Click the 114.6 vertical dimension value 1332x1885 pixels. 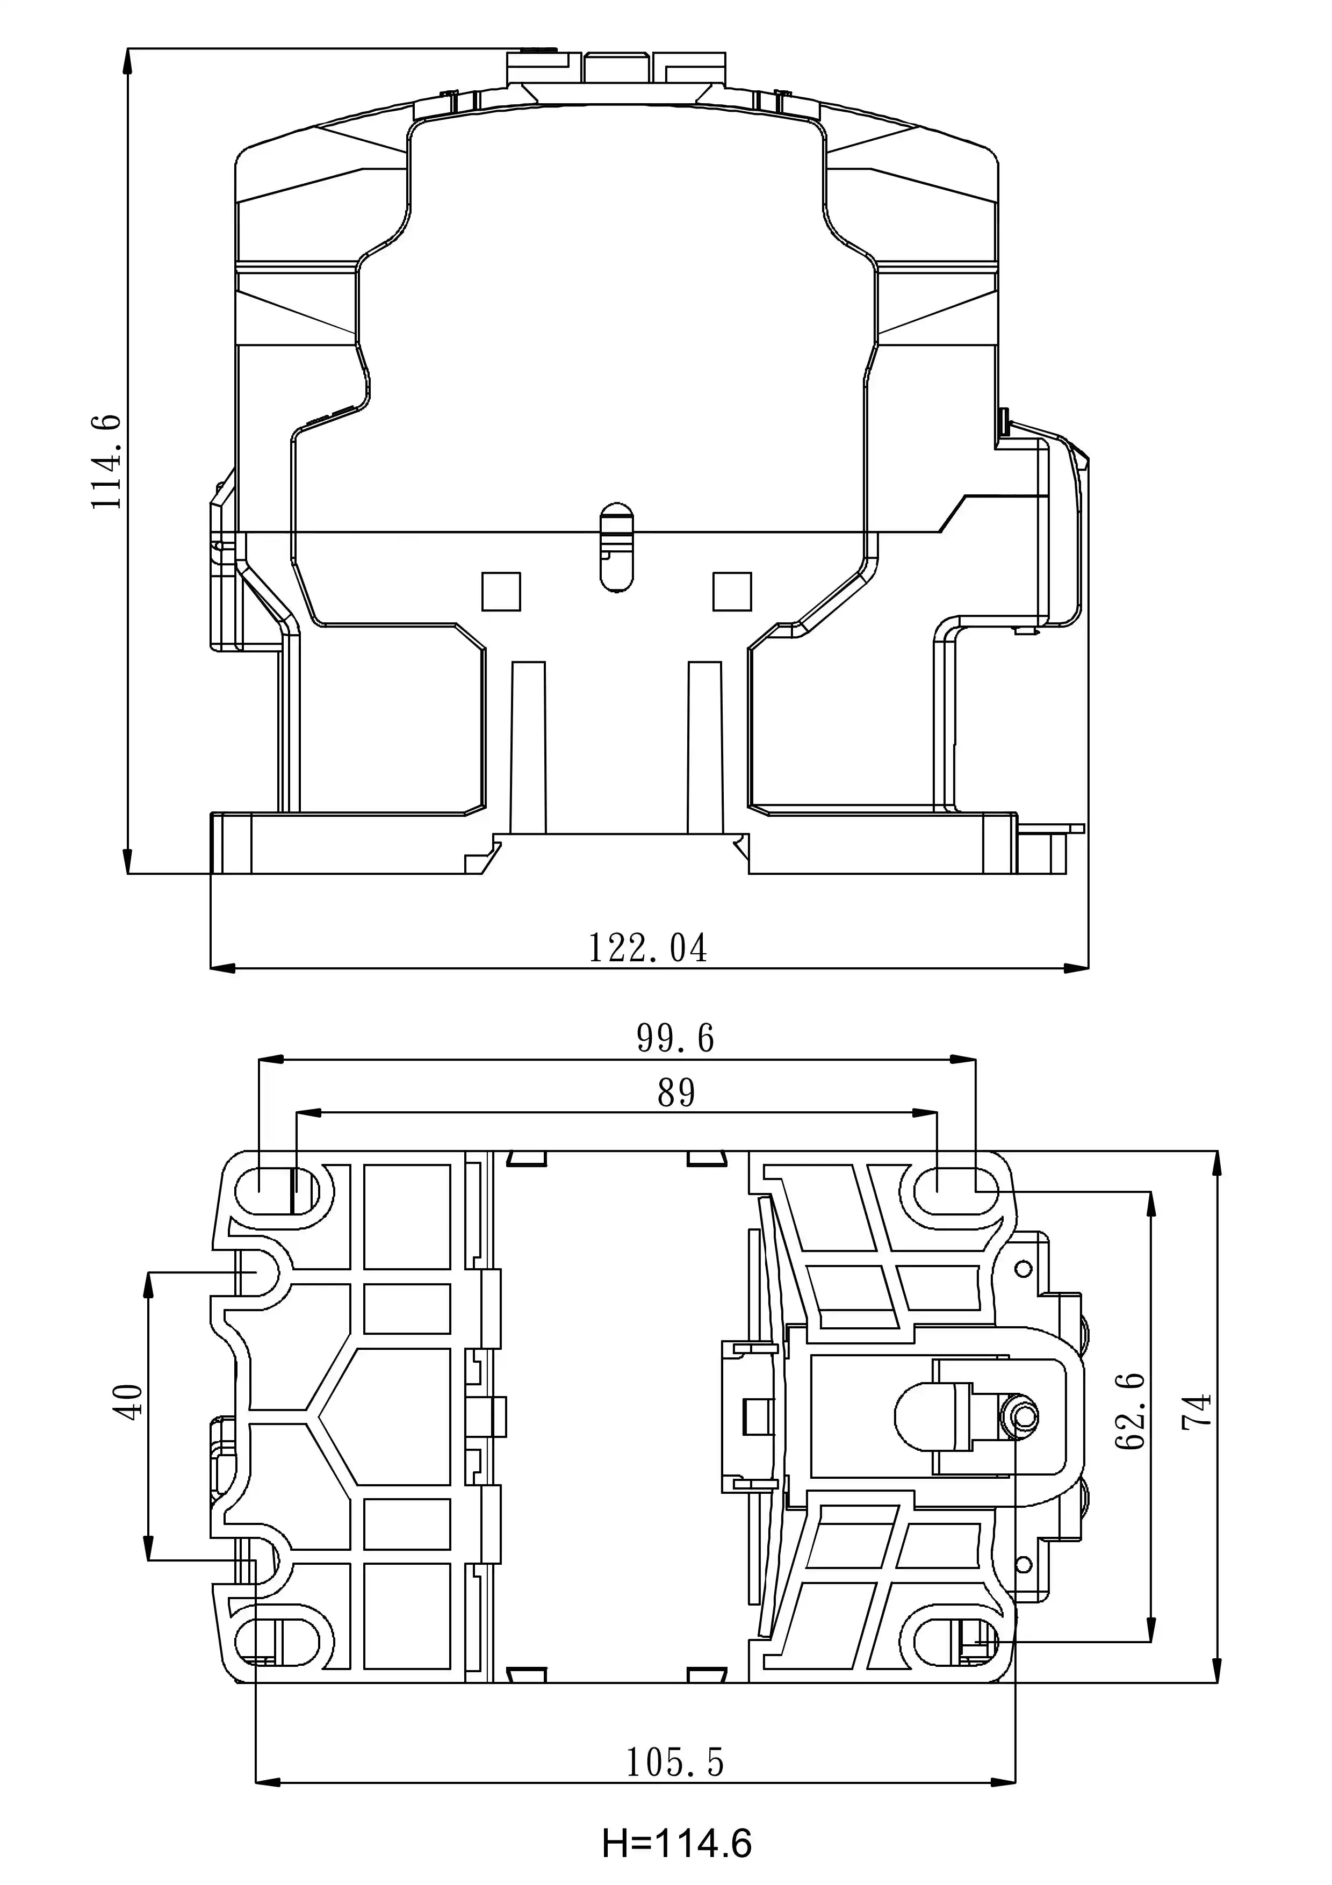click(x=107, y=462)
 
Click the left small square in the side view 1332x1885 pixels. click(x=501, y=591)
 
